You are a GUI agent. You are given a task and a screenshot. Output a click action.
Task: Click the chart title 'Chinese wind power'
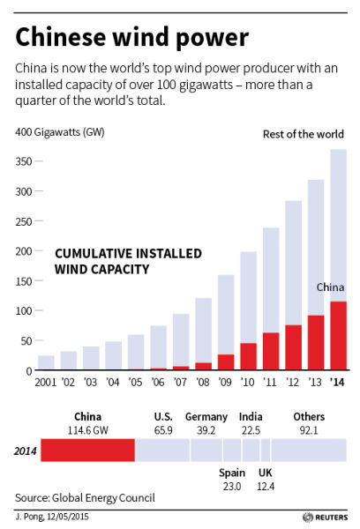click(x=132, y=38)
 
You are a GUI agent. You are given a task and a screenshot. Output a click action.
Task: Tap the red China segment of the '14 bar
click(x=339, y=335)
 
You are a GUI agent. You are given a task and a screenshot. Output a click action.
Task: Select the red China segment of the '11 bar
click(x=271, y=351)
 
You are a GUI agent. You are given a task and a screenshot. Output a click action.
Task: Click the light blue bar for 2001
click(x=46, y=362)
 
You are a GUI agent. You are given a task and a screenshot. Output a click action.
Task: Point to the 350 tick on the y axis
click(x=39, y=161)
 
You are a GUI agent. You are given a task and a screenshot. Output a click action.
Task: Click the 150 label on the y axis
click(x=24, y=281)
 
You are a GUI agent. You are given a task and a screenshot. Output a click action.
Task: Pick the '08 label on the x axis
click(x=203, y=383)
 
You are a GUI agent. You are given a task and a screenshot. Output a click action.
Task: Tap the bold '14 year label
click(x=337, y=383)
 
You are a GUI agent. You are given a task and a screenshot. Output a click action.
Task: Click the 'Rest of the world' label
click(x=304, y=134)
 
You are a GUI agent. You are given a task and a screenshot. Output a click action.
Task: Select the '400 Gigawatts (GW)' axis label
click(x=60, y=132)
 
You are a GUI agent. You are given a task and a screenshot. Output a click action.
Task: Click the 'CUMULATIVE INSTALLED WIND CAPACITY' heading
click(x=128, y=262)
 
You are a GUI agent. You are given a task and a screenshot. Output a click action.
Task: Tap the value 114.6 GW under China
click(x=88, y=430)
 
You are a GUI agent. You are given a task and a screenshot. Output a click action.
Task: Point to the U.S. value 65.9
click(x=163, y=430)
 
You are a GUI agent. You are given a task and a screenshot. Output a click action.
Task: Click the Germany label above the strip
click(x=206, y=417)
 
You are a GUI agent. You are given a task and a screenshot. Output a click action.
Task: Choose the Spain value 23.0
click(x=232, y=487)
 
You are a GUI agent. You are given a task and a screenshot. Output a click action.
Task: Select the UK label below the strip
click(x=265, y=473)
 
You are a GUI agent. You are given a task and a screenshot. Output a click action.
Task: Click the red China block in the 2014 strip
click(x=88, y=450)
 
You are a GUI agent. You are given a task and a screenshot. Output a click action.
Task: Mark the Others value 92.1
click(x=309, y=430)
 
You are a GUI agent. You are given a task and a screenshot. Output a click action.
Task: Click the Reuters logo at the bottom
click(x=326, y=518)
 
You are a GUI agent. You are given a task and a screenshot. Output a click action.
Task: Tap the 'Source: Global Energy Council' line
click(x=85, y=498)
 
